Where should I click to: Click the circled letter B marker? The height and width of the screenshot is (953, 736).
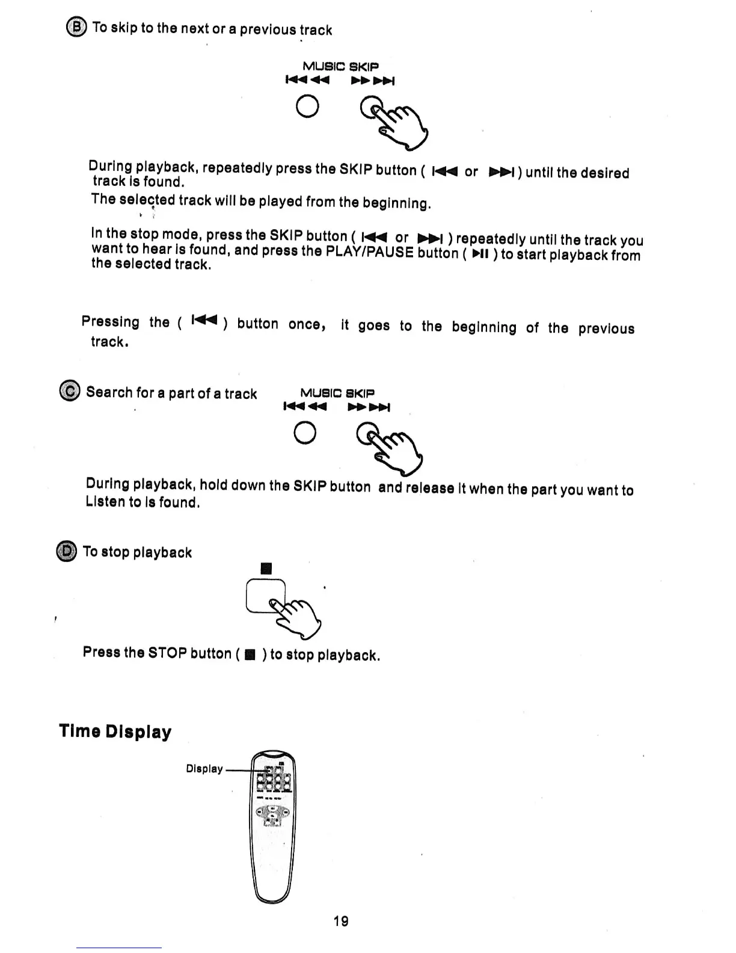[x=76, y=28]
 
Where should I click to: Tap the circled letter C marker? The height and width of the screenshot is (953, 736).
[x=70, y=391]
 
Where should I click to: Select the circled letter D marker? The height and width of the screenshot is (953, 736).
[x=67, y=551]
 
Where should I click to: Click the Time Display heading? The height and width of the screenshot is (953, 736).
[x=115, y=732]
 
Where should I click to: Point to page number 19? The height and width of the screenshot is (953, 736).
[x=341, y=921]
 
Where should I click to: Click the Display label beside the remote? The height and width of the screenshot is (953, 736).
[x=204, y=769]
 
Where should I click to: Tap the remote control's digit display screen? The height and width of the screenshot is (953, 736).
[x=274, y=780]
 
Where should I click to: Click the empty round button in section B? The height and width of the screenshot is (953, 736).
[x=308, y=106]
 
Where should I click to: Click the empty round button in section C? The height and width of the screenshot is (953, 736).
[x=305, y=433]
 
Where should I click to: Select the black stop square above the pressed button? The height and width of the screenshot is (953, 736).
[x=267, y=569]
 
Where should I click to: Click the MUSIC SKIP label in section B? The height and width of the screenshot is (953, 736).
[x=340, y=66]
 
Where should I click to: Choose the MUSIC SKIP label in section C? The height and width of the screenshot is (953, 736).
[x=337, y=393]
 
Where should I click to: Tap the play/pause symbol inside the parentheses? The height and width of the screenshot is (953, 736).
[x=480, y=254]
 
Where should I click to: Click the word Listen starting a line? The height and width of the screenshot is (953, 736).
[x=105, y=502]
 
